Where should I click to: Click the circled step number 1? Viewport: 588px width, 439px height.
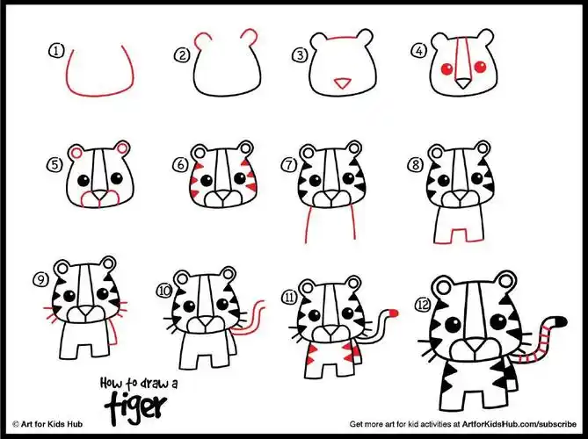pyautogui.click(x=56, y=51)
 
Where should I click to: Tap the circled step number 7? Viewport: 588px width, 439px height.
pyautogui.click(x=289, y=165)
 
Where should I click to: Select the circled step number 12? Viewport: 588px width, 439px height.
pyautogui.click(x=423, y=305)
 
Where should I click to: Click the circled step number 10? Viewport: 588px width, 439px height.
pyautogui.click(x=164, y=291)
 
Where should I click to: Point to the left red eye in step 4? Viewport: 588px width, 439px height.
pyautogui.click(x=446, y=68)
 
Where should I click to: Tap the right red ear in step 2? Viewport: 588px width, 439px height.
pyautogui.click(x=250, y=36)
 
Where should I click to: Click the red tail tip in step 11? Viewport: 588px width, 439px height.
pyautogui.click(x=394, y=313)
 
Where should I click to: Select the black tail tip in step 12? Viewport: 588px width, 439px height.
pyautogui.click(x=560, y=321)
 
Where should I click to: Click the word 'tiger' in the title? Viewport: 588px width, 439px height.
pyautogui.click(x=135, y=405)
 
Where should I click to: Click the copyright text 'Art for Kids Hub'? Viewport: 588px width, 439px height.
pyautogui.click(x=52, y=424)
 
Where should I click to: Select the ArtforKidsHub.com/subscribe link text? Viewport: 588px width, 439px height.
pyautogui.click(x=519, y=424)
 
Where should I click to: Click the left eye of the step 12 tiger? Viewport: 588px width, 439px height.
pyautogui.click(x=453, y=324)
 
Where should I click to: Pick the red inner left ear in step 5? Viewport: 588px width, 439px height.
pyautogui.click(x=76, y=153)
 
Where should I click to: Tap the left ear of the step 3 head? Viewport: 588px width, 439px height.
pyautogui.click(x=320, y=40)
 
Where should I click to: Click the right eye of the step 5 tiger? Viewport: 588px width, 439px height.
pyautogui.click(x=117, y=178)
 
